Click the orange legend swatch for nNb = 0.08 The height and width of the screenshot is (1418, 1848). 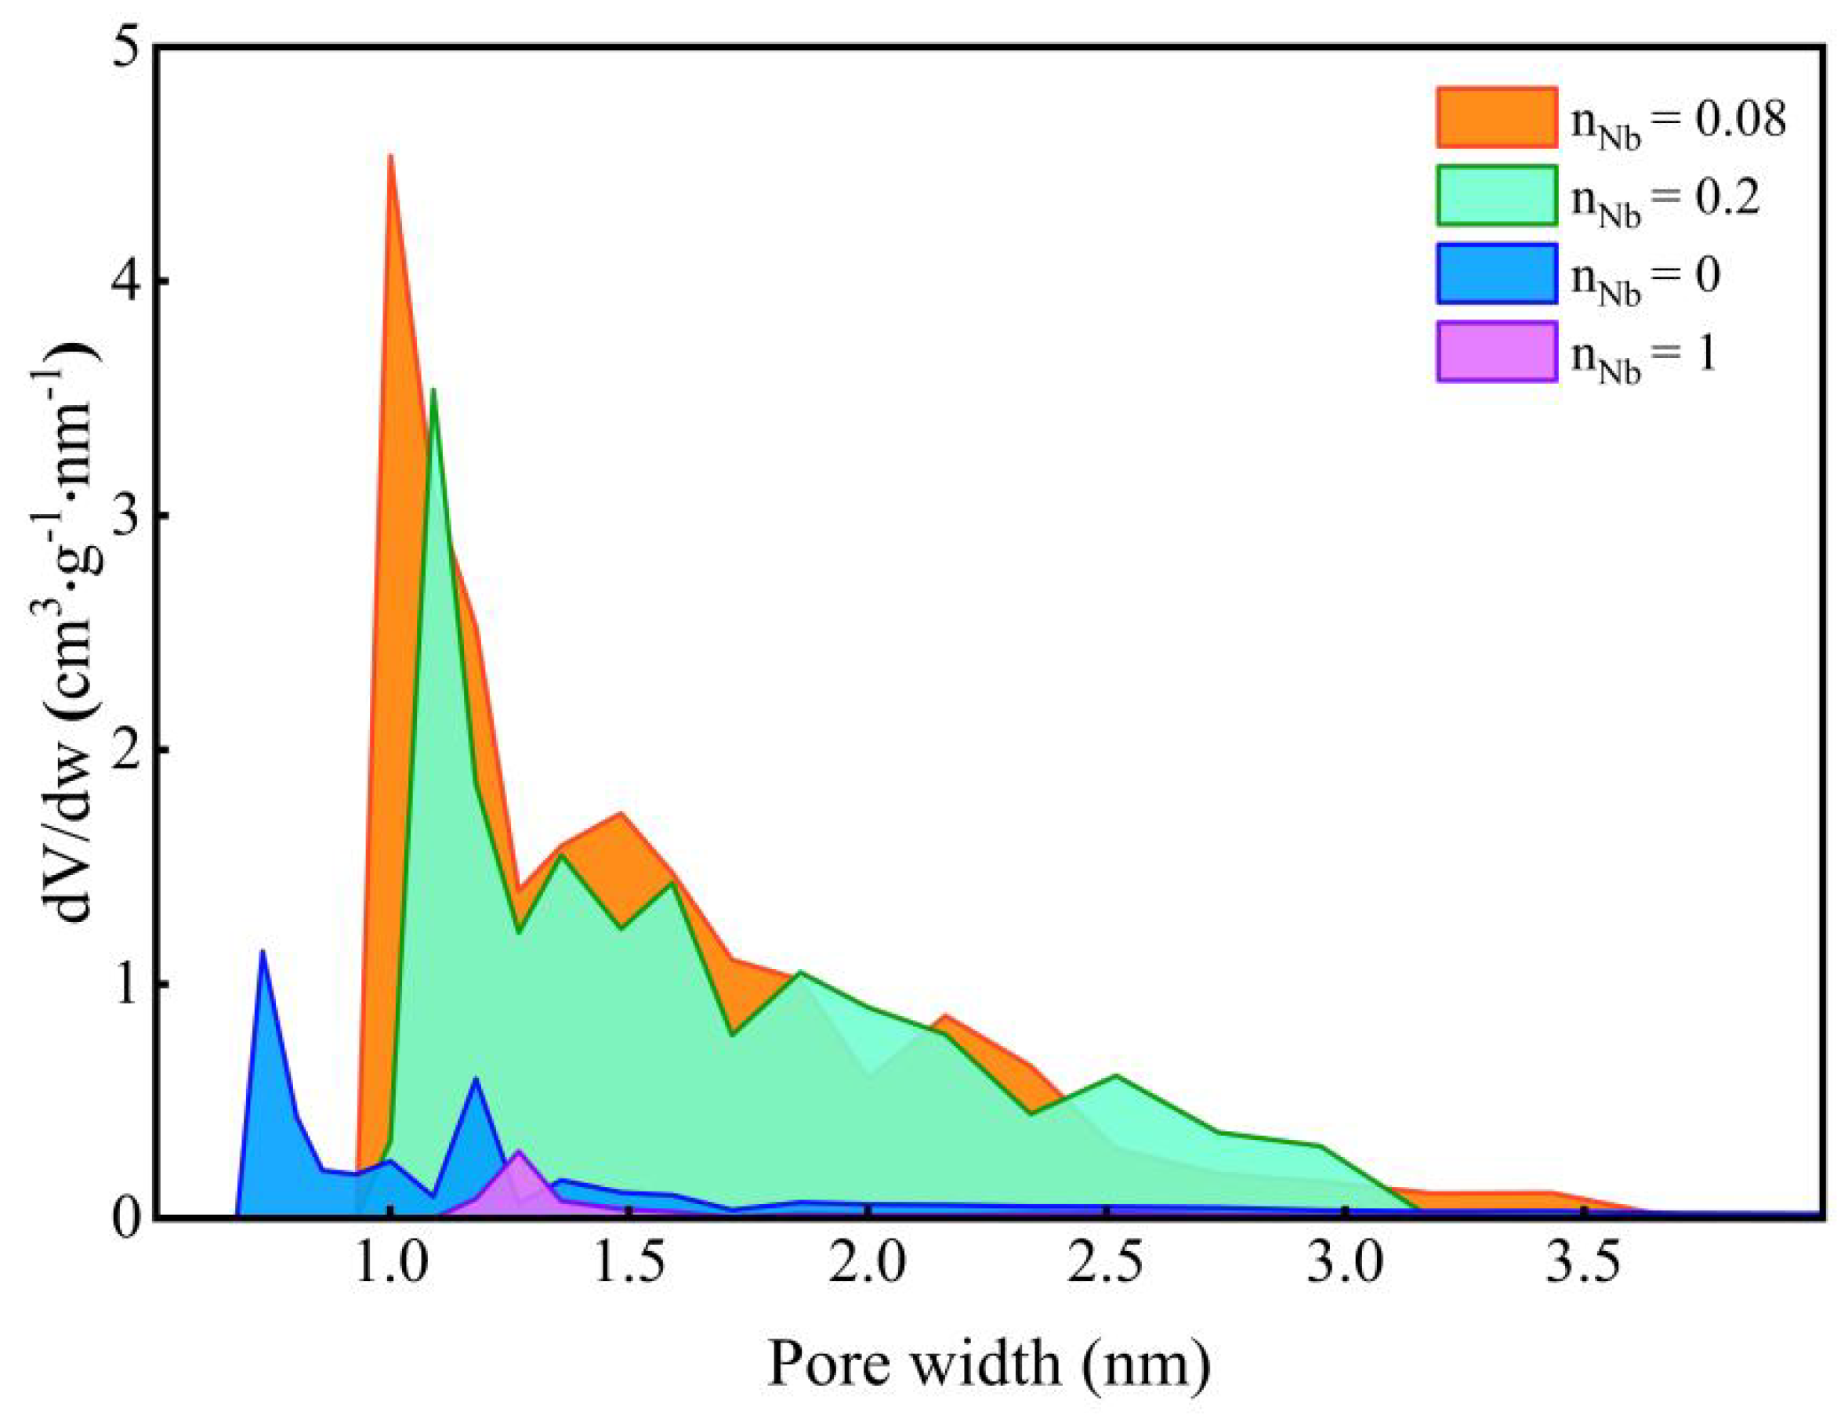pyautogui.click(x=1495, y=118)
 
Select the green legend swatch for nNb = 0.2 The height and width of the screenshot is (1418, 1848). pyautogui.click(x=1495, y=195)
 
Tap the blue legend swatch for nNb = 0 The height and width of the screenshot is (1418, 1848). pyautogui.click(x=1495, y=273)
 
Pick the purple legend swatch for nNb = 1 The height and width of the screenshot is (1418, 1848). pyautogui.click(x=1495, y=351)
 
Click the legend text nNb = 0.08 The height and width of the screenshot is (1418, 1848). pyautogui.click(x=1676, y=122)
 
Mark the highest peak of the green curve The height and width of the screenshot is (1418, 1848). pyautogui.click(x=433, y=389)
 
